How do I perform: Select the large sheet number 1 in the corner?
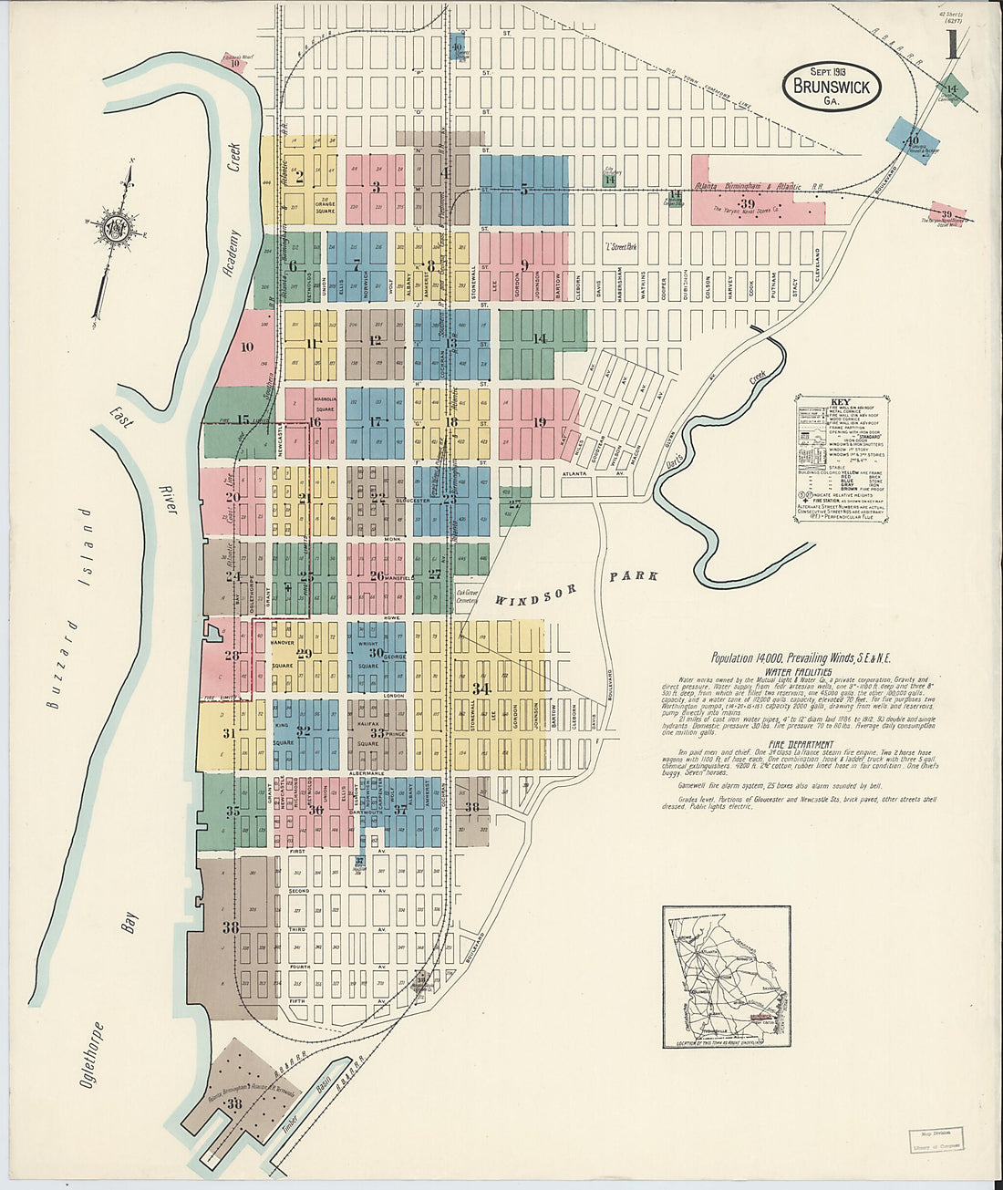click(x=952, y=44)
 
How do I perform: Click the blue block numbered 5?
click(x=524, y=191)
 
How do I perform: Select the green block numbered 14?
click(x=542, y=338)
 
